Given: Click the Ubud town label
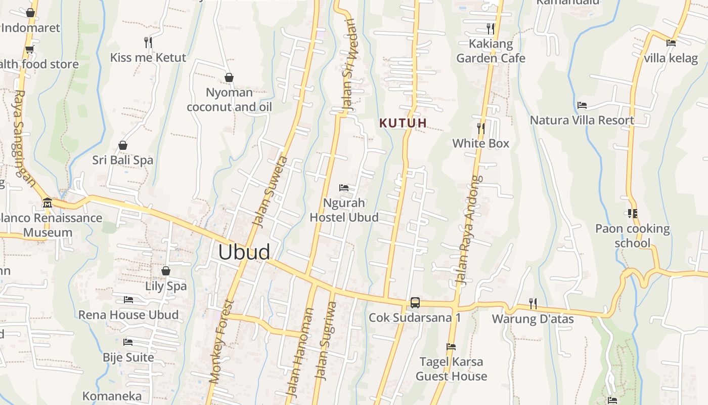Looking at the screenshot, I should (x=244, y=252).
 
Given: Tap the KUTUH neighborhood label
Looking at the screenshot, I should (x=403, y=123).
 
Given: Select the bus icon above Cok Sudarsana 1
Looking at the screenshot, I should (x=415, y=303).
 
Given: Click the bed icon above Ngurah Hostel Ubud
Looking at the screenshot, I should (x=344, y=188).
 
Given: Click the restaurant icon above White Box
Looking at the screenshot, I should (x=480, y=129).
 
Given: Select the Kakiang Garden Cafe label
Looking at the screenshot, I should (x=491, y=51).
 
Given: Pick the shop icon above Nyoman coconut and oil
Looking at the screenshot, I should (x=229, y=77).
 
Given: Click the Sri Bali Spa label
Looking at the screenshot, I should (x=122, y=160).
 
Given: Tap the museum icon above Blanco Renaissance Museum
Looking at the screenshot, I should (x=48, y=203).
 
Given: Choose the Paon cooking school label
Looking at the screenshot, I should (x=632, y=236).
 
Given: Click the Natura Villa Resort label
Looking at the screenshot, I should (x=582, y=120).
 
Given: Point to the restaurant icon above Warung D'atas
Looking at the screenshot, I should (x=533, y=304).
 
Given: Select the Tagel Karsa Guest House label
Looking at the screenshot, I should (x=451, y=369).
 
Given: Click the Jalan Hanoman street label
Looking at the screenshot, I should (x=300, y=352).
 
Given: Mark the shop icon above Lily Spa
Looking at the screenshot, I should (x=165, y=271).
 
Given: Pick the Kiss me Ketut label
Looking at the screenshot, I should (x=148, y=57).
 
